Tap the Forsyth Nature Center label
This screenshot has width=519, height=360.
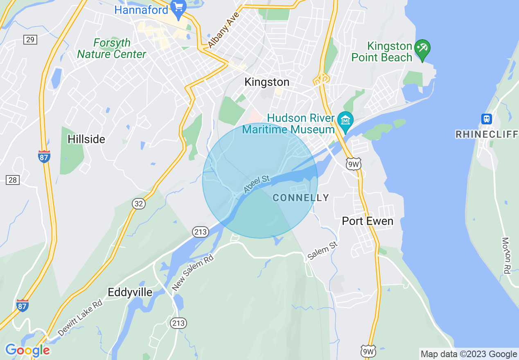pyautogui.click(x=112, y=48)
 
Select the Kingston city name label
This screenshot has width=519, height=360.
pyautogui.click(x=267, y=82)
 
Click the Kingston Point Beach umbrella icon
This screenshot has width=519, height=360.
pyautogui.click(x=422, y=48)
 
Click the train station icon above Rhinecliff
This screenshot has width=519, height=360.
pyautogui.click(x=486, y=119)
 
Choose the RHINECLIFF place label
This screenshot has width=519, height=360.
pyautogui.click(x=487, y=135)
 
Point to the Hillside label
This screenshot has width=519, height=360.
pyautogui.click(x=86, y=139)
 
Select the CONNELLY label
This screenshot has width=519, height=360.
pyautogui.click(x=301, y=198)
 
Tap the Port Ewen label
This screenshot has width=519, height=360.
pyautogui.click(x=368, y=221)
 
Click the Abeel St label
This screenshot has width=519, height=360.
pyautogui.click(x=257, y=184)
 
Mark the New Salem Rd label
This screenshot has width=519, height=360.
pyautogui.click(x=193, y=272)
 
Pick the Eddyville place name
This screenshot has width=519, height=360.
pyautogui.click(x=130, y=292)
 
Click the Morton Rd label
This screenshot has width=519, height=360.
pyautogui.click(x=506, y=256)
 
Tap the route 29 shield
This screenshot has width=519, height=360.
pyautogui.click(x=30, y=40)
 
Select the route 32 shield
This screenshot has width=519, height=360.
pyautogui.click(x=139, y=203)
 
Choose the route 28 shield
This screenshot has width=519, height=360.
pyautogui.click(x=13, y=180)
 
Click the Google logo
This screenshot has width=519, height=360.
pyautogui.click(x=27, y=350)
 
